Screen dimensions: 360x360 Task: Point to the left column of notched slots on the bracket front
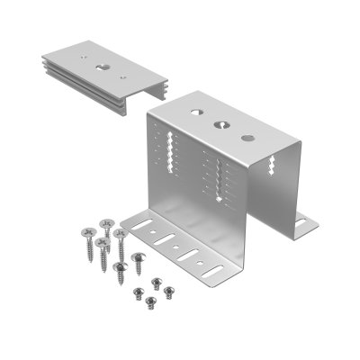click(166, 152)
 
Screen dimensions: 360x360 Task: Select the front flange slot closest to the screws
click(144, 228)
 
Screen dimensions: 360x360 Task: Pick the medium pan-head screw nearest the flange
click(138, 257)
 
